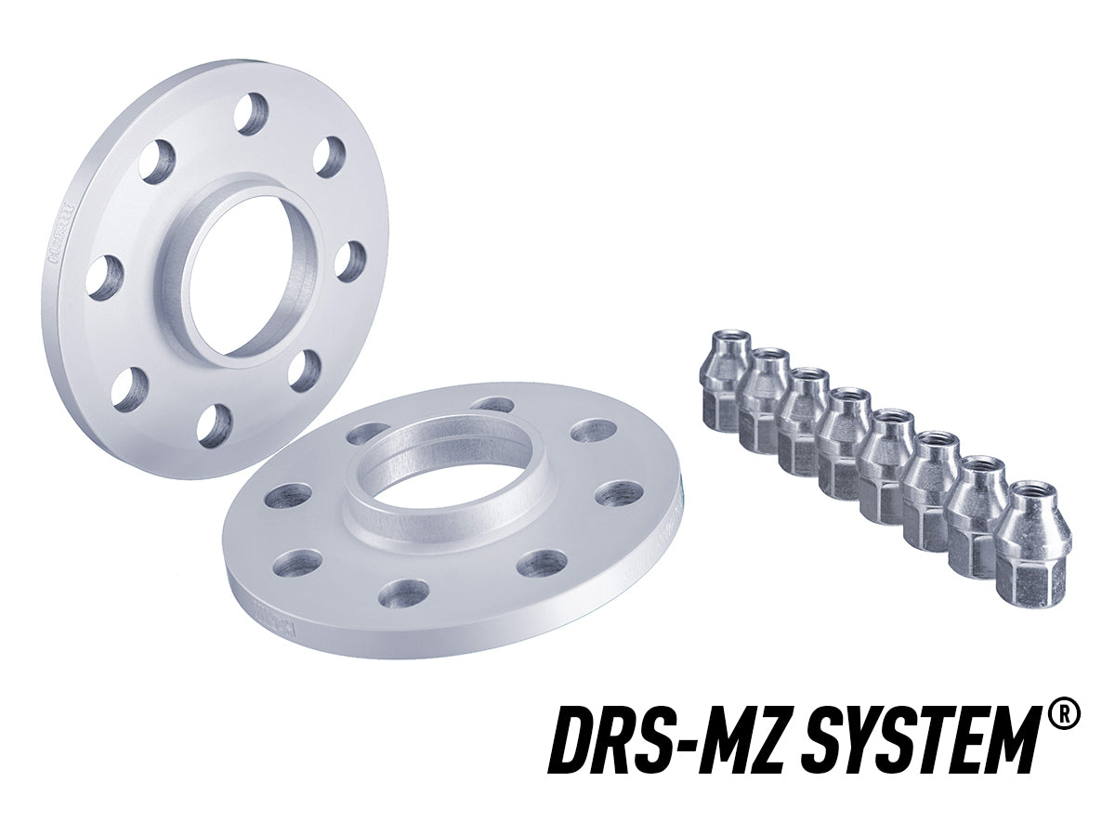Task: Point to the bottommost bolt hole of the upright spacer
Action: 215,425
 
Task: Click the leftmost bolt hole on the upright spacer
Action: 104,277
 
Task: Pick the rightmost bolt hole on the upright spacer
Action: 350,261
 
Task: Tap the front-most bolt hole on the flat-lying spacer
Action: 404,593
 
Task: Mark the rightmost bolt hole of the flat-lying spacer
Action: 619,494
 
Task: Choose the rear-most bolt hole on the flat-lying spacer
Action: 492,405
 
